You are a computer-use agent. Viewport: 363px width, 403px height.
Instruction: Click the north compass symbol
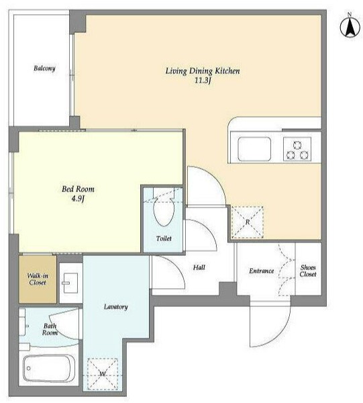[x=350, y=26]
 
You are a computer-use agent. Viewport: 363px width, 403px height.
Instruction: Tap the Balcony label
[x=44, y=69]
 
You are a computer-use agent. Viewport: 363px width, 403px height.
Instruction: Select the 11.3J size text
[x=203, y=81]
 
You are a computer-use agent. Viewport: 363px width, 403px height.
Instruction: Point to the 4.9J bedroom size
[x=78, y=199]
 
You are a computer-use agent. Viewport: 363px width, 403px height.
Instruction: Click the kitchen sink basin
[x=254, y=149]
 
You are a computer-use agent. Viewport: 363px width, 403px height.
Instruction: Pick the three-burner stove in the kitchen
[x=297, y=149]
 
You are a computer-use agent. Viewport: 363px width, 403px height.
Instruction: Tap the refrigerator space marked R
[x=247, y=222]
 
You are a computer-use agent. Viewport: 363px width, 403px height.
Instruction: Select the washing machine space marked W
[x=103, y=374]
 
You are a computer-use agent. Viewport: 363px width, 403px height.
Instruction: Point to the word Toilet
[x=164, y=238]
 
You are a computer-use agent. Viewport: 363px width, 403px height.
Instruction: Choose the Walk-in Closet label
[x=38, y=279]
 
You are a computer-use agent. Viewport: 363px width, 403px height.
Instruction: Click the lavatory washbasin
[x=70, y=283]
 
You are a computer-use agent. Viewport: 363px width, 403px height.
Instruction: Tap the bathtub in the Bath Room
[x=49, y=369]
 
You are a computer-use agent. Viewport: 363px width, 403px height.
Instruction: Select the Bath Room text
[x=50, y=329]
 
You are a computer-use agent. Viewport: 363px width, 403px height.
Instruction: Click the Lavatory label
[x=116, y=307]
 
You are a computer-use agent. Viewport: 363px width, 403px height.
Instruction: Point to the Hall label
[x=199, y=267]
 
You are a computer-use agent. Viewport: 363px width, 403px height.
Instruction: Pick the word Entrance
[x=261, y=271]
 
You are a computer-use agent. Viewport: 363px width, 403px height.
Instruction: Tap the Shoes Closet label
[x=308, y=271]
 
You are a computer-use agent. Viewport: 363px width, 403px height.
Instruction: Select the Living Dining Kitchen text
[x=203, y=71]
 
